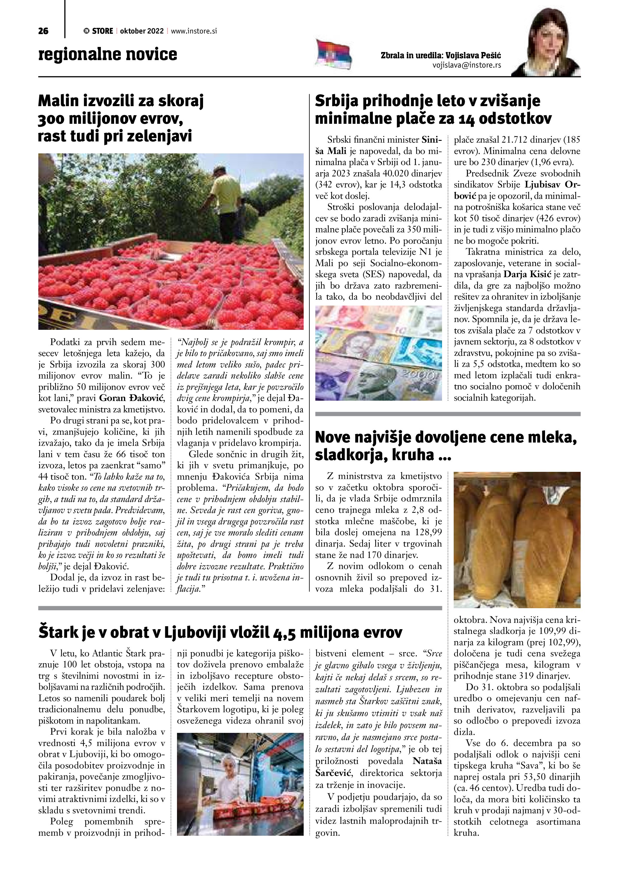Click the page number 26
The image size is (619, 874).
click(43, 31)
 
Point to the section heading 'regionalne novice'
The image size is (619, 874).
click(108, 54)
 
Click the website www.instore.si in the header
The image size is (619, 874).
click(194, 31)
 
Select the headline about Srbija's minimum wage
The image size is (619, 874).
click(433, 110)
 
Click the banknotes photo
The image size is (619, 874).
click(379, 353)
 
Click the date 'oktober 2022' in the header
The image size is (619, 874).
click(142, 31)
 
